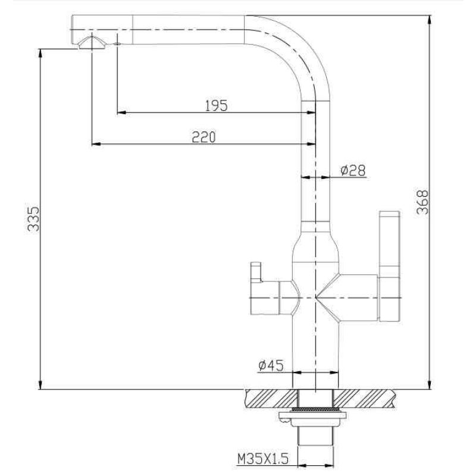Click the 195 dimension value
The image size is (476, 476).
[216, 105]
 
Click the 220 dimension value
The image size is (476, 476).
[203, 137]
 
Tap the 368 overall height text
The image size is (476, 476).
[422, 202]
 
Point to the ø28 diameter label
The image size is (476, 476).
[352, 171]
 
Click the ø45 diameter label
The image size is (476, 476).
[271, 365]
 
